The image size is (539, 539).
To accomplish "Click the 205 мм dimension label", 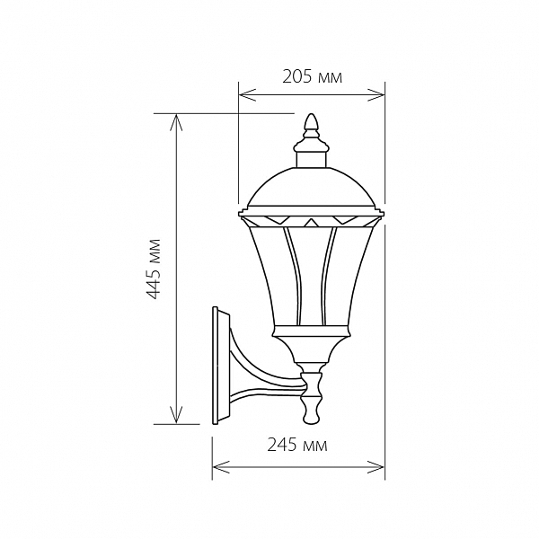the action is coord(312,77).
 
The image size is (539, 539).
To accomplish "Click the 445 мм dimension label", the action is coord(153,269).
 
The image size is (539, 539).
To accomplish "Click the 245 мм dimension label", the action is coord(297,446).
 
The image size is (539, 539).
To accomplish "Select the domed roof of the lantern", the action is coord(311,187).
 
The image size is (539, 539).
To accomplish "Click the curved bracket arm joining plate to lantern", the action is coord(265,373).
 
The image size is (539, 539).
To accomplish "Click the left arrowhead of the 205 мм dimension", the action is coord(247,95).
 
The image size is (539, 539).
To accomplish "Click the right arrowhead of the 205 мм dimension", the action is coord(376,95).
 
